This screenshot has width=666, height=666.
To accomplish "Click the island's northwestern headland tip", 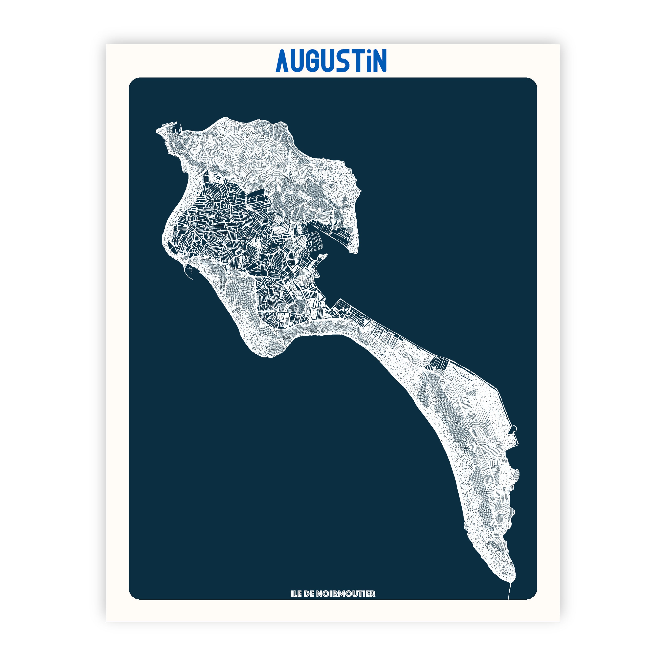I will [158, 130].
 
